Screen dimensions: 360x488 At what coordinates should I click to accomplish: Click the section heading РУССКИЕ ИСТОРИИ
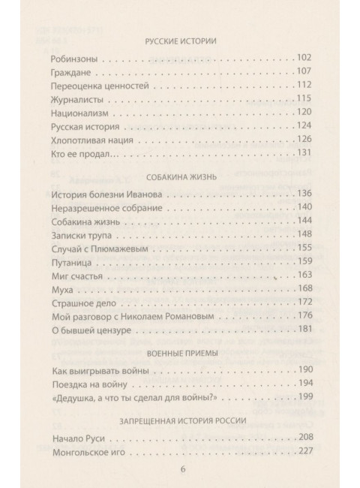[179, 41]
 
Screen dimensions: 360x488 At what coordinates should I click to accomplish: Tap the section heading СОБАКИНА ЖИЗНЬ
[179, 177]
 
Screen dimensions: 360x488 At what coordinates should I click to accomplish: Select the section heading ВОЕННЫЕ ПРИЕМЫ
[179, 353]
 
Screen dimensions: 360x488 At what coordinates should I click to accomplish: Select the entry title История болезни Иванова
[108, 194]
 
